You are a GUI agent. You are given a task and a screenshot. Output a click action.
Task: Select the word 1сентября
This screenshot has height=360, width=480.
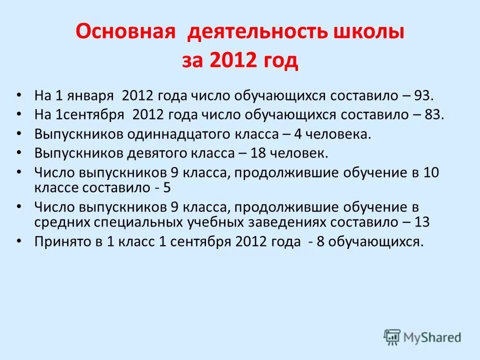coord(89,114)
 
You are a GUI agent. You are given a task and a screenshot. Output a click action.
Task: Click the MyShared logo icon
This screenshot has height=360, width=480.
coord(392,337)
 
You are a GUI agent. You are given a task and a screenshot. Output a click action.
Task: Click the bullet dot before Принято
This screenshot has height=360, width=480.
coord(19,241)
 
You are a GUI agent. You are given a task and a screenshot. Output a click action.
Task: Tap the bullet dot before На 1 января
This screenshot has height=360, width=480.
coord(19,95)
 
